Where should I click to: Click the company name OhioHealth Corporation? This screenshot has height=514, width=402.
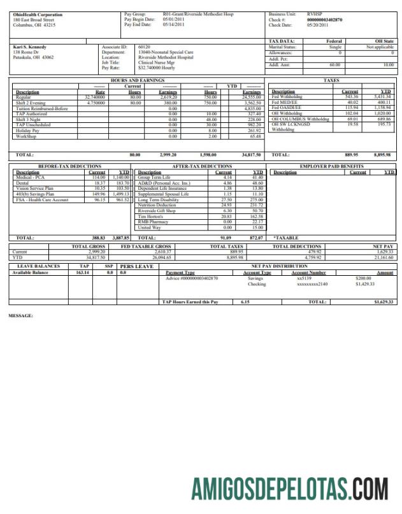(x=38, y=15)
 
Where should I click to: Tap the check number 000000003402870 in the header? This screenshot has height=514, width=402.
(x=324, y=20)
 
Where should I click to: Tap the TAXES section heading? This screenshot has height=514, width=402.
(x=331, y=81)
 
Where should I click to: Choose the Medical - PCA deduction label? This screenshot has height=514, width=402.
(x=30, y=177)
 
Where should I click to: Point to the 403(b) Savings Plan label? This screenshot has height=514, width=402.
(x=35, y=194)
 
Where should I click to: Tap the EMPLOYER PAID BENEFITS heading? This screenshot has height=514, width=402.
(x=332, y=166)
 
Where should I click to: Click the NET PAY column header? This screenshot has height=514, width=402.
(x=383, y=246)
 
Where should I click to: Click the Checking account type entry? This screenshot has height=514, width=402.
(x=257, y=284)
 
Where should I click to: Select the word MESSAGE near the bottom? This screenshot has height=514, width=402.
(x=20, y=315)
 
